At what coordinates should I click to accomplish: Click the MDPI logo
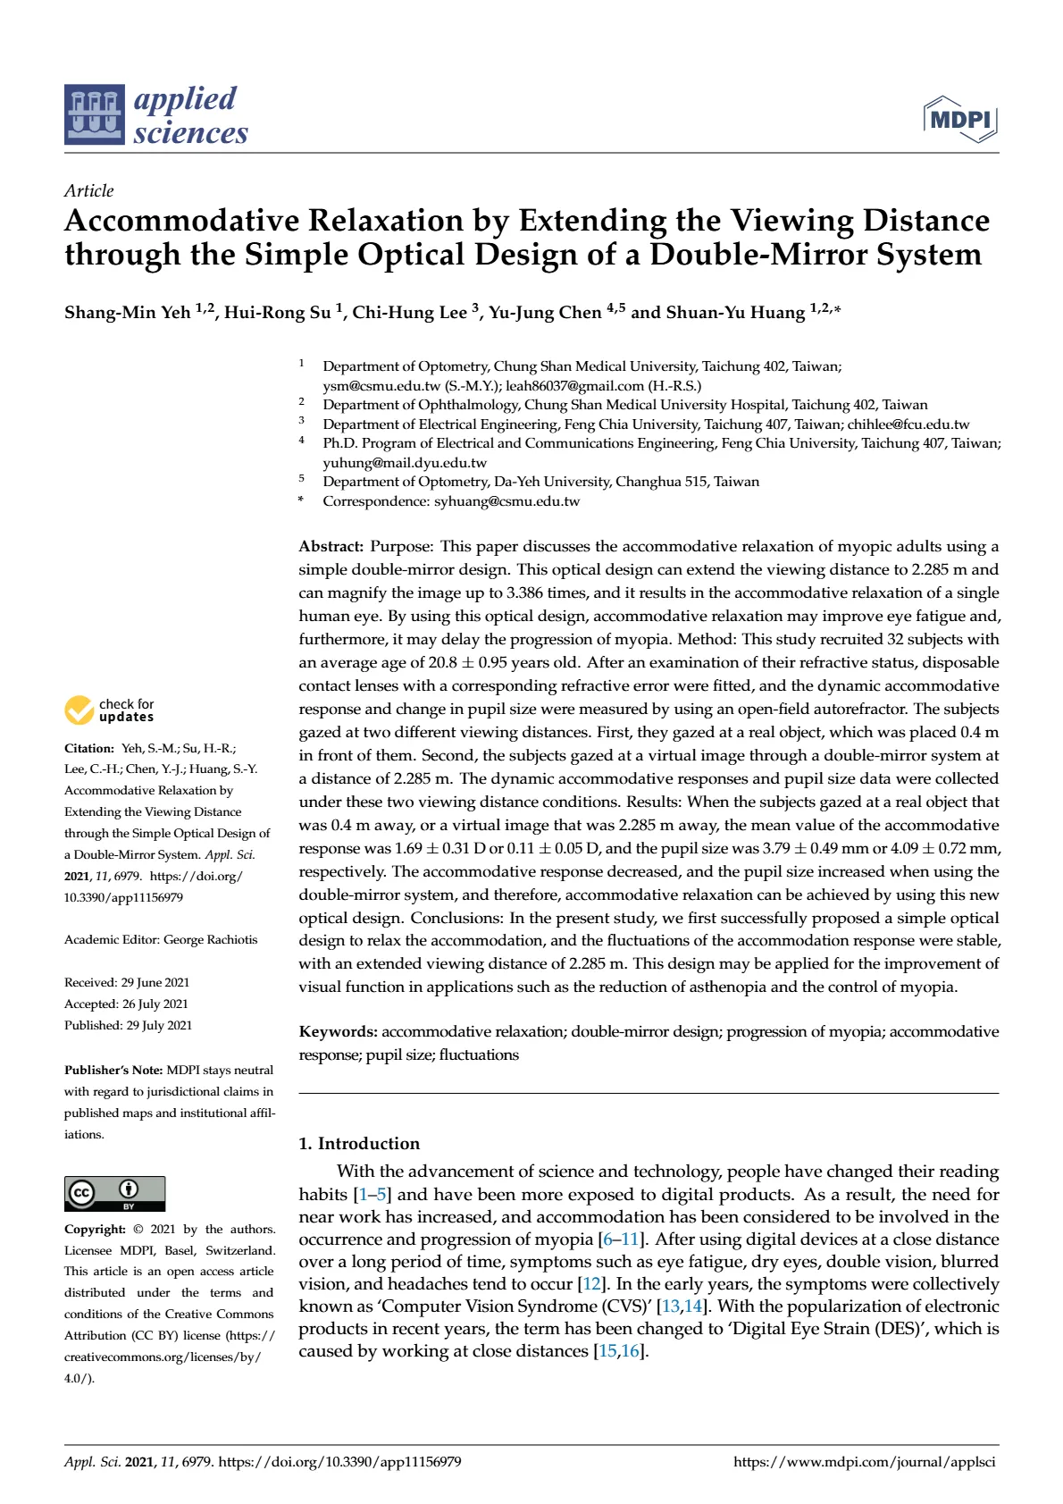click(960, 119)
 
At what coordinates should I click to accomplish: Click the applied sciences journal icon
click(94, 114)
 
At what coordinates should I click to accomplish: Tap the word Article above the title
click(88, 190)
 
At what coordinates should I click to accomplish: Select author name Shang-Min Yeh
click(127, 312)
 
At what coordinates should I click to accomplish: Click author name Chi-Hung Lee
click(409, 312)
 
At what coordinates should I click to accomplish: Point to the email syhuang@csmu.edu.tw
click(506, 501)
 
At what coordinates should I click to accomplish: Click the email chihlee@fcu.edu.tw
click(908, 424)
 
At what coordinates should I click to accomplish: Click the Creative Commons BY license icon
click(114, 1193)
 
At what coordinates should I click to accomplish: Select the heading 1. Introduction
click(359, 1143)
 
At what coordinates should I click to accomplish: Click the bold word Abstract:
click(331, 546)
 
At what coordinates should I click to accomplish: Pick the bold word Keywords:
click(338, 1031)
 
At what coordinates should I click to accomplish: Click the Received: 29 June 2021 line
click(127, 982)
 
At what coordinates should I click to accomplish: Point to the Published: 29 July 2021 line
click(128, 1025)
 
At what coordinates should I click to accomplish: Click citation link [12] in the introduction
click(591, 1284)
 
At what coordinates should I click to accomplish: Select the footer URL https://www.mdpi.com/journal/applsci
click(864, 1462)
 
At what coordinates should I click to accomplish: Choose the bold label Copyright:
click(95, 1229)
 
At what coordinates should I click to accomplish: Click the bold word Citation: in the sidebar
click(89, 748)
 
